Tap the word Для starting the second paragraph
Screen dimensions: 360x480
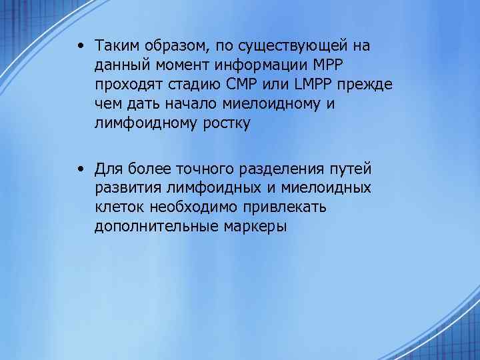(x=109, y=167)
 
